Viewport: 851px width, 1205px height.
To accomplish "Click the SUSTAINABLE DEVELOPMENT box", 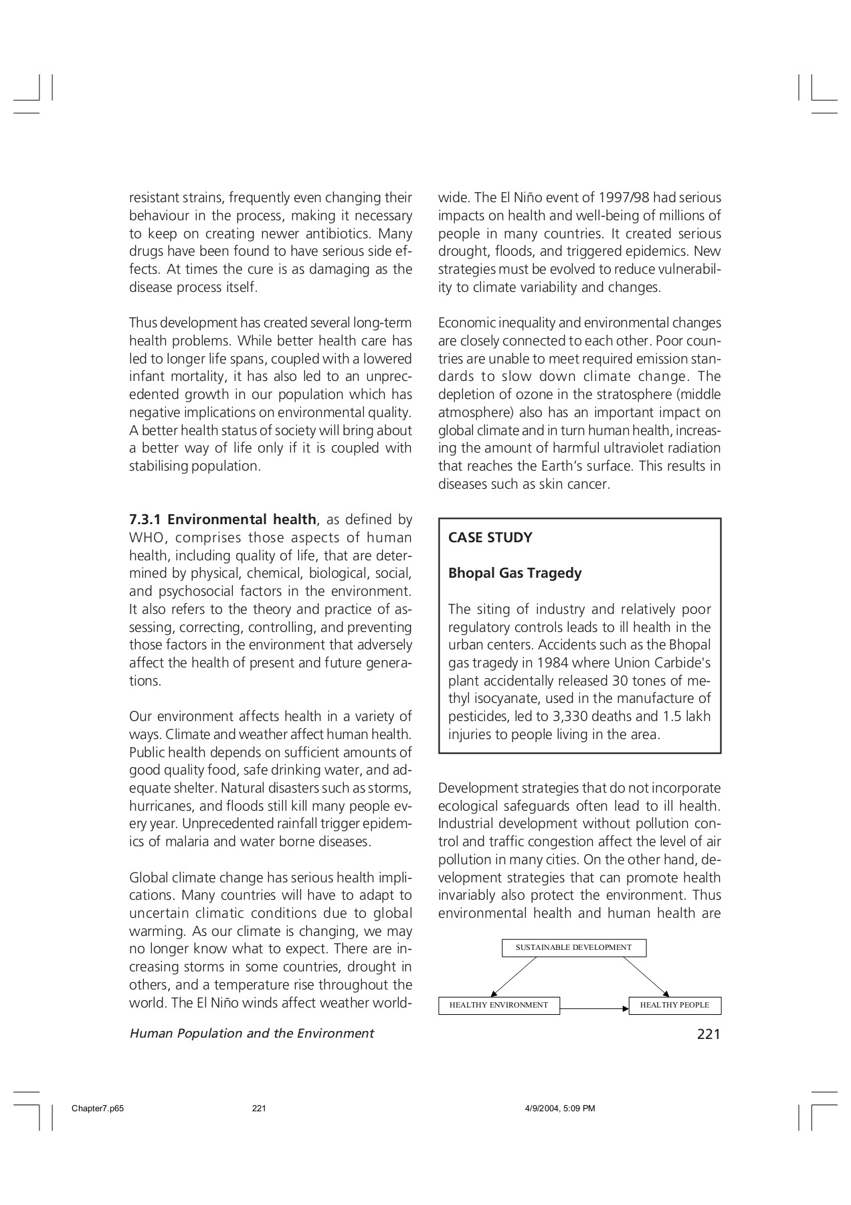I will pos(573,947).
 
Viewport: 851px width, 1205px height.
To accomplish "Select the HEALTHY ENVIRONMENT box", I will pos(498,1005).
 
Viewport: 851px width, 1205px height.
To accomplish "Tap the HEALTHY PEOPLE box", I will pos(674,1005).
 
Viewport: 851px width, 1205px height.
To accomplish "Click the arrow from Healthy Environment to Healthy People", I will pos(594,1008).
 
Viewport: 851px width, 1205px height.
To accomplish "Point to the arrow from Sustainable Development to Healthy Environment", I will pos(514,977).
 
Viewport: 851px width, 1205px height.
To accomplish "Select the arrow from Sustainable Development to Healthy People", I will pos(646,977).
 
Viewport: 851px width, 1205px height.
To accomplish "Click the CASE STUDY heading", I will pos(490,538).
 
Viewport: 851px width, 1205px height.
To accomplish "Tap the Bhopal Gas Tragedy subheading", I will pos(514,573).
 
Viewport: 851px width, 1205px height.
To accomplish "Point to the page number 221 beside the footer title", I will pos(708,1034).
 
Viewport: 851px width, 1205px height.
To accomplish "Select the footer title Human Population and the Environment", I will pos(251,1034).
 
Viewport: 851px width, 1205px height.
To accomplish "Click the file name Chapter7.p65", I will pos(98,1109).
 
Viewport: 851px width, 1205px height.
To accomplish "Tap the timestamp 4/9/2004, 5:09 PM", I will pos(559,1109).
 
